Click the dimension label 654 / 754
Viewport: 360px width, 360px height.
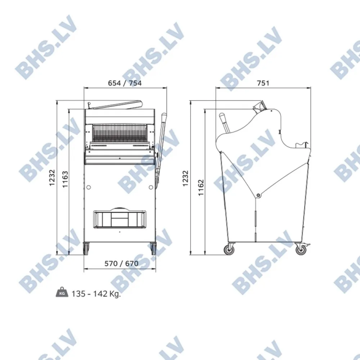click(x=125, y=83)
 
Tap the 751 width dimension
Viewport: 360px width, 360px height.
click(x=264, y=83)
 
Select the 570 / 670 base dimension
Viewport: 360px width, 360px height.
click(x=121, y=264)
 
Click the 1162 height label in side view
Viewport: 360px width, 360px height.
click(x=201, y=187)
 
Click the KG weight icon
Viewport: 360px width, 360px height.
click(x=62, y=293)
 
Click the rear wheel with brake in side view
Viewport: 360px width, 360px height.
click(x=300, y=249)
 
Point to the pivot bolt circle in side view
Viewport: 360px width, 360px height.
click(x=258, y=195)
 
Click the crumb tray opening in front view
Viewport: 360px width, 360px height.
click(x=120, y=219)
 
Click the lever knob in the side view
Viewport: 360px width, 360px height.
click(x=222, y=116)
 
